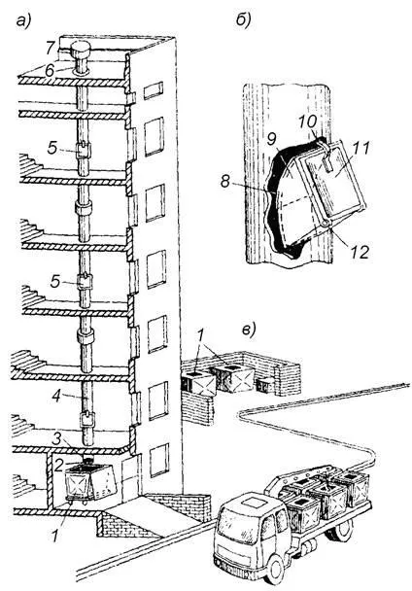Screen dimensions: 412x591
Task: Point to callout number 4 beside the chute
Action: point(56,396)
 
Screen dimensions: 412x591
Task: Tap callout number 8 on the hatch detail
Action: point(224,182)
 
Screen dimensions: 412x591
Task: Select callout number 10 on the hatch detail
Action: point(308,122)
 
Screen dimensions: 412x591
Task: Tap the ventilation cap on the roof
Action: point(81,50)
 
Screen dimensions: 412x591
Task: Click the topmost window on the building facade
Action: point(154,90)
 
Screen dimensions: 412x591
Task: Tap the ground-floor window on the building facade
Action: point(159,460)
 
